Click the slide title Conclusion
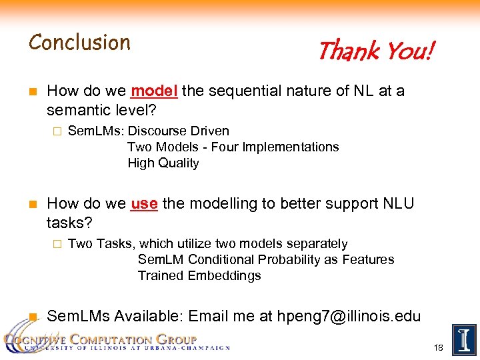point(79,43)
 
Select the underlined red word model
point(154,91)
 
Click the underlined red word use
point(144,204)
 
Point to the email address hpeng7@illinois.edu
point(349,316)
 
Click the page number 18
point(438,348)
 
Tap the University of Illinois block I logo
point(463,340)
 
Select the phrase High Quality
point(163,163)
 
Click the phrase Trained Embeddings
point(199,276)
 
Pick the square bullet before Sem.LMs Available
point(32,317)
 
